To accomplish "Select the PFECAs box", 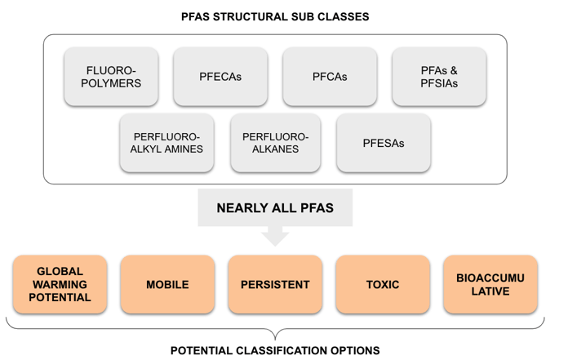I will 221,77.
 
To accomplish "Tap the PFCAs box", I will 330,77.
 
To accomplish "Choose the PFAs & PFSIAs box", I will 439,77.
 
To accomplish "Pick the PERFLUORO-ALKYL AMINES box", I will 166,143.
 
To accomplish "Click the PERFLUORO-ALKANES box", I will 276,143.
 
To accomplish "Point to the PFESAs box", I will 384,143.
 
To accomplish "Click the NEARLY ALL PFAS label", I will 275,207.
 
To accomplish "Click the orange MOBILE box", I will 167,285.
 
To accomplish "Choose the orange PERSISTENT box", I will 275,285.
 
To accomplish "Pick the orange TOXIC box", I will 383,285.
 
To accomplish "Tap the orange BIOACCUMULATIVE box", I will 490,285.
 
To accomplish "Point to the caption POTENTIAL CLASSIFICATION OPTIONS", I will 275,350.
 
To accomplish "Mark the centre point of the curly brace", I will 275,333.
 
